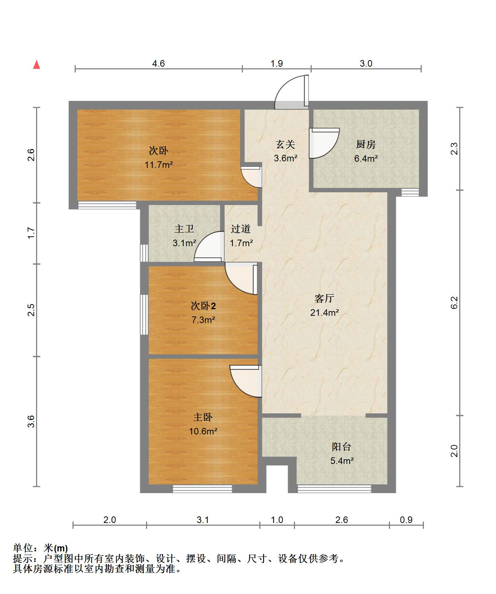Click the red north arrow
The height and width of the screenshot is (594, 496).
tap(36, 64)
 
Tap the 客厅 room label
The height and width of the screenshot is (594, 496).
tap(324, 299)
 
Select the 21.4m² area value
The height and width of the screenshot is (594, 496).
tap(324, 312)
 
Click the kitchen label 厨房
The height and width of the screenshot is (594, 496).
tap(366, 145)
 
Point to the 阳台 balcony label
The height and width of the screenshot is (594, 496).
tap(342, 447)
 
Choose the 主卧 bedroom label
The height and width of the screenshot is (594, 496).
tap(203, 417)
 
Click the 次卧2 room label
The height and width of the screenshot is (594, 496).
tap(203, 306)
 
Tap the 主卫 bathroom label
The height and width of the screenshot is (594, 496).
tap(184, 229)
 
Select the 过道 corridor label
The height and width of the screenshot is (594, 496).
tap(241, 229)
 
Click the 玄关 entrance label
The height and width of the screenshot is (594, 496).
tap(285, 145)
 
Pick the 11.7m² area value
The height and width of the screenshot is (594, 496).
tap(158, 165)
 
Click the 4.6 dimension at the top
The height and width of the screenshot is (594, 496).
tap(158, 63)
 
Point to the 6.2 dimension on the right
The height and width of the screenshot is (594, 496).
tap(454, 303)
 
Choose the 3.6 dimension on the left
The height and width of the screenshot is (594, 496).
tap(31, 421)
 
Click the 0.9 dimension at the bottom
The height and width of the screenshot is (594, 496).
tap(406, 520)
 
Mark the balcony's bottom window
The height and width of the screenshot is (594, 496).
tap(334, 489)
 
